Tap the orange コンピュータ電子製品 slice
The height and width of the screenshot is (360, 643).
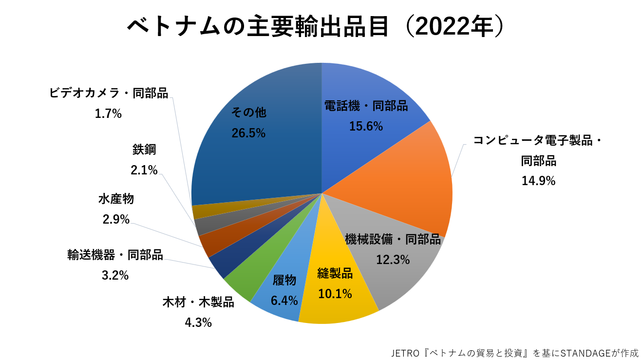coord(409,185)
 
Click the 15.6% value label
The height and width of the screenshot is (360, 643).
coord(366,126)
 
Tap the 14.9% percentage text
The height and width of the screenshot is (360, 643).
coord(538,181)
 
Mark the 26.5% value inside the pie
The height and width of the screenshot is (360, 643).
coord(248,133)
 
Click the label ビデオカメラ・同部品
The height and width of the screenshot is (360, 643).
coord(109,93)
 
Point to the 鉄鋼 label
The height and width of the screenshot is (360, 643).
coord(144,150)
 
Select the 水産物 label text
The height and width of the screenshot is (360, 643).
coord(116,199)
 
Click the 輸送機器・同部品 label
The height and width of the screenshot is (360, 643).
coord(115,255)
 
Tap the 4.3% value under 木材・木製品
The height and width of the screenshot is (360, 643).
coord(198,322)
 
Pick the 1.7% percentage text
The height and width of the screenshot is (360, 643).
coord(108,114)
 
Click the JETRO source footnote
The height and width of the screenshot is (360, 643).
coord(514,352)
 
